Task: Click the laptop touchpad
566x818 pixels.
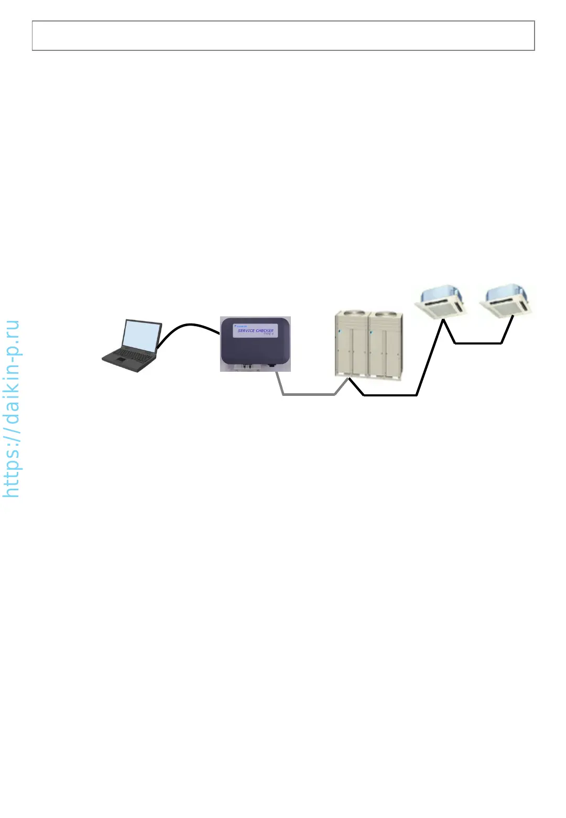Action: tap(121, 362)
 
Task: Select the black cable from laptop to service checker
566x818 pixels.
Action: tap(189, 326)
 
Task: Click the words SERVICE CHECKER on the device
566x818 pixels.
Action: tap(255, 331)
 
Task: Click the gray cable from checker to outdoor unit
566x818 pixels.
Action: tap(309, 394)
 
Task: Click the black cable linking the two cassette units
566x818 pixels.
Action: tap(478, 343)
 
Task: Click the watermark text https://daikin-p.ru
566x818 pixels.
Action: tap(11, 409)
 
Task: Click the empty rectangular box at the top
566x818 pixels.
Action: tap(283, 36)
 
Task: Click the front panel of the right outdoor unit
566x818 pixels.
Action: tap(386, 351)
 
